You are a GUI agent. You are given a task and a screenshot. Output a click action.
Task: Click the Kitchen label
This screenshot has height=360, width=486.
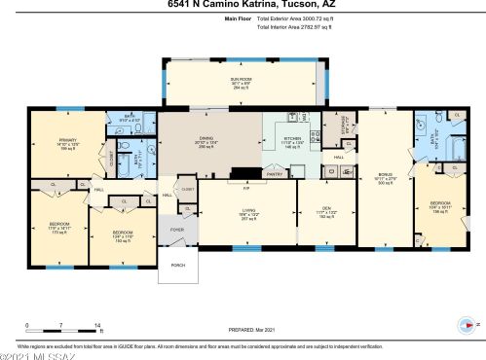(293, 140)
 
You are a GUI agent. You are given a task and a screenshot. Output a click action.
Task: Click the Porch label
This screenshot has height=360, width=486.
(177, 264)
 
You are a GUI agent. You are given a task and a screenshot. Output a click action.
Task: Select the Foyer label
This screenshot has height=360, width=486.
(176, 230)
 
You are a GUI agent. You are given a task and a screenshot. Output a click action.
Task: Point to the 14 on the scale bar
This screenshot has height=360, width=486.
(97, 323)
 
